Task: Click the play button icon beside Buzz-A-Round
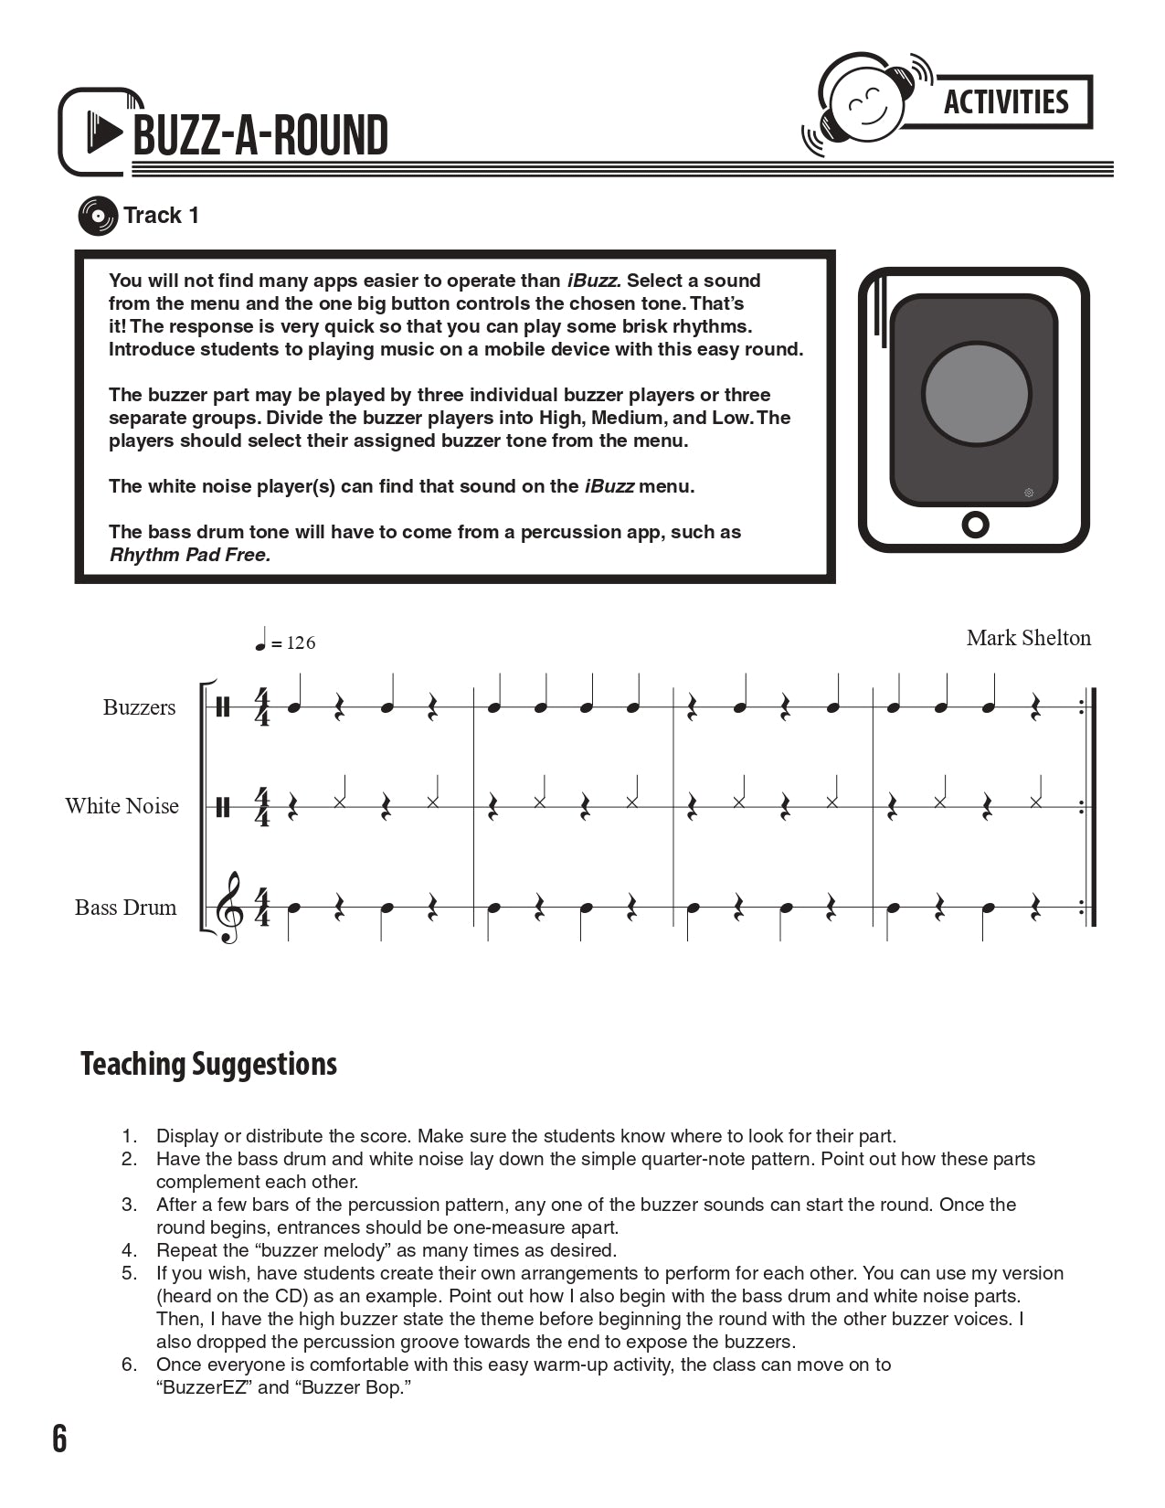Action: [103, 133]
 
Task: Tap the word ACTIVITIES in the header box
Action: [1005, 101]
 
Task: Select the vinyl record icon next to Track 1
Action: [97, 216]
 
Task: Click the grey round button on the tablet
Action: [976, 394]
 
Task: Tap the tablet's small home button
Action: [975, 525]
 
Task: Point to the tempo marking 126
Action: [300, 643]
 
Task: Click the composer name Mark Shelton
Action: [1028, 638]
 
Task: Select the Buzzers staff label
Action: [139, 707]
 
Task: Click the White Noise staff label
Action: [122, 806]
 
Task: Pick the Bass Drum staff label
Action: [125, 908]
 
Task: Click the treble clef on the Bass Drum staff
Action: [228, 907]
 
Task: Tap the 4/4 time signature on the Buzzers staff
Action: [262, 707]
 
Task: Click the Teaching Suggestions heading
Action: [208, 1064]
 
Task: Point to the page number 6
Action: [59, 1439]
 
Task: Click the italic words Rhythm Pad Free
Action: [190, 555]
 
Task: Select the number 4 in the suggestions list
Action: [130, 1250]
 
